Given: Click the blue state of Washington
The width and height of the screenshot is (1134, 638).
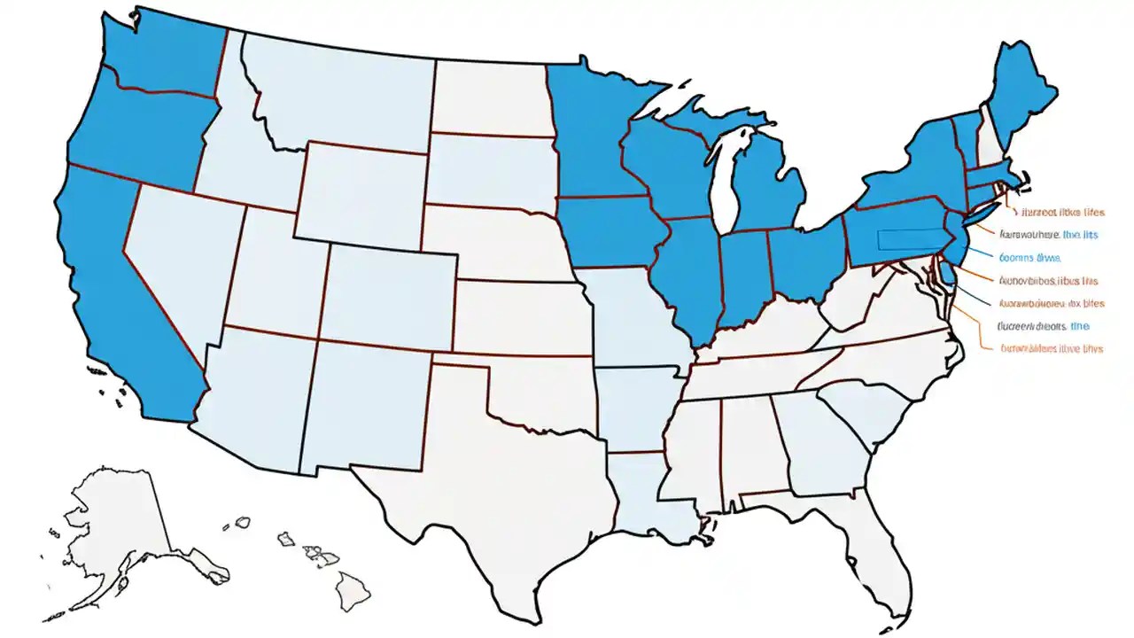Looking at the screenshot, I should point(164,49).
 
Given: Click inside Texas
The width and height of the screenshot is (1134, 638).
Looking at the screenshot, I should point(496,496).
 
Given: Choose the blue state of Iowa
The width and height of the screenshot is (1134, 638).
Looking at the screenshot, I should point(611,230).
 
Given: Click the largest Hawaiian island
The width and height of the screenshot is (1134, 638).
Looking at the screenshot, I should point(351,586).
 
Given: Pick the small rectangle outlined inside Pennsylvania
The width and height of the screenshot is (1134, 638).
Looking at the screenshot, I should point(905,240).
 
